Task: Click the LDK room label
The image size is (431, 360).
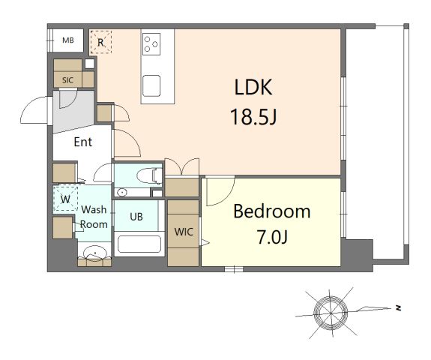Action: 253,87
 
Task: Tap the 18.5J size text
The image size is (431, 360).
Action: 253,116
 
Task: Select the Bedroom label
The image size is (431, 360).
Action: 272,211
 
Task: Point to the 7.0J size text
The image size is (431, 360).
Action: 272,237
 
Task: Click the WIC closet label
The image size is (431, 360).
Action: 184,232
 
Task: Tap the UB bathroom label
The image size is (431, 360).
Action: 136,217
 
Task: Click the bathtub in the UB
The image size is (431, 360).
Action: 139,244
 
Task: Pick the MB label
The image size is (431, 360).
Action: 68,40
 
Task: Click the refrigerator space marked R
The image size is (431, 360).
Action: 101,42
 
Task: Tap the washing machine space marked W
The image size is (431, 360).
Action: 65,199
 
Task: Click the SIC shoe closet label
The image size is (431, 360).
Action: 67,80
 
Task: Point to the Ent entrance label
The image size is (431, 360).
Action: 82,142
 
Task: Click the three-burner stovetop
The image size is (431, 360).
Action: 151,44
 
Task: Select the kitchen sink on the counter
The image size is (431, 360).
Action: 151,85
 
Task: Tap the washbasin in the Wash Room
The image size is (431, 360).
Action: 94,253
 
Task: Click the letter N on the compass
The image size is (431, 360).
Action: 398,308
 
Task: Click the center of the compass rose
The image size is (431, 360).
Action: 331,313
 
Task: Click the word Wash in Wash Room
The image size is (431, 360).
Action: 94,209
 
